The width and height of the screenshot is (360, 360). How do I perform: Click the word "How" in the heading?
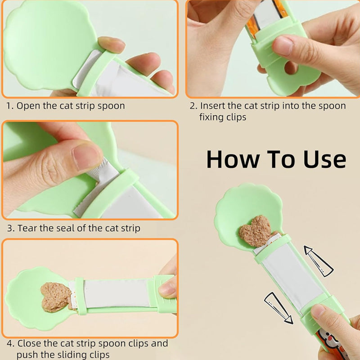233,159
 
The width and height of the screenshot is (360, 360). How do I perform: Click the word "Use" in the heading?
324,159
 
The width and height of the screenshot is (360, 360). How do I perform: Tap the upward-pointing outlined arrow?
319,261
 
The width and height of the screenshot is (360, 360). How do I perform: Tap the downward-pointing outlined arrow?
279,308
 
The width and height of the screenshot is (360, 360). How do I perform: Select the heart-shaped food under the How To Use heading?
256,231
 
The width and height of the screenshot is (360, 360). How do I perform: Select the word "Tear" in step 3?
27,228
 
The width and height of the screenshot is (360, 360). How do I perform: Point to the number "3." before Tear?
10,229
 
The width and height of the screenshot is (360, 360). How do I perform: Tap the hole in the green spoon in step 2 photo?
291,67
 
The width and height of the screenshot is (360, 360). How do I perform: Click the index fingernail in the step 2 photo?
282,46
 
